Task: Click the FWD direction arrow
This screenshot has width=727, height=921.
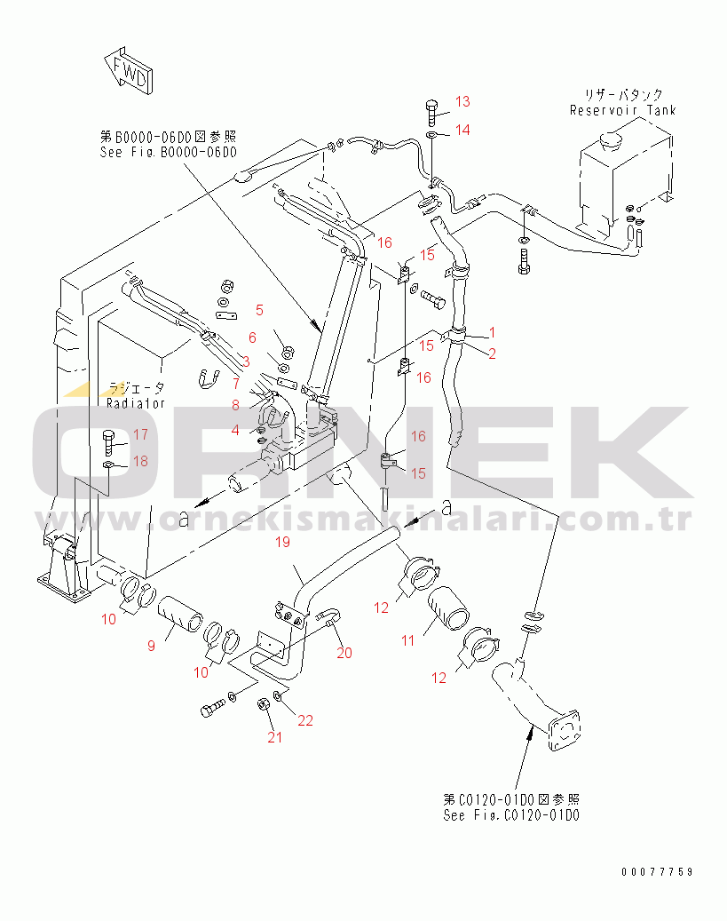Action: tap(129, 71)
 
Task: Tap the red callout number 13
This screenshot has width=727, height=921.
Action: tap(462, 101)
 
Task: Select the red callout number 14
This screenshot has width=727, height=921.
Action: tap(462, 130)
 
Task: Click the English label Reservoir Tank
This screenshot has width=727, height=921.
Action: tap(622, 110)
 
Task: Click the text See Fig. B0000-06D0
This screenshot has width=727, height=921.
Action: tap(169, 152)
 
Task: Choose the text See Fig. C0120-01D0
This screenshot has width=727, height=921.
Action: tap(511, 815)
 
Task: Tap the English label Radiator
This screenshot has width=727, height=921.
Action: tap(136, 403)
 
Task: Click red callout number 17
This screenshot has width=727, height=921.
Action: tap(140, 434)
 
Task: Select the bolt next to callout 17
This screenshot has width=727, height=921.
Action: tap(109, 443)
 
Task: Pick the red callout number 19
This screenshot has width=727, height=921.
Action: tap(282, 542)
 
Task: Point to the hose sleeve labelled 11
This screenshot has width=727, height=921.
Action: tap(448, 608)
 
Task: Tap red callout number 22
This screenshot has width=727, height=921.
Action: tap(305, 720)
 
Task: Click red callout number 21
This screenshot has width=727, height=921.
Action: tap(275, 737)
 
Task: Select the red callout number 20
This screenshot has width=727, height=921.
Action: tap(344, 653)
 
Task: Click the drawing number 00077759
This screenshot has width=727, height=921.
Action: tap(657, 871)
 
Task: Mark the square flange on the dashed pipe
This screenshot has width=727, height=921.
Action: tap(564, 731)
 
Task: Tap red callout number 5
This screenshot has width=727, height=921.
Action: tap(259, 310)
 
